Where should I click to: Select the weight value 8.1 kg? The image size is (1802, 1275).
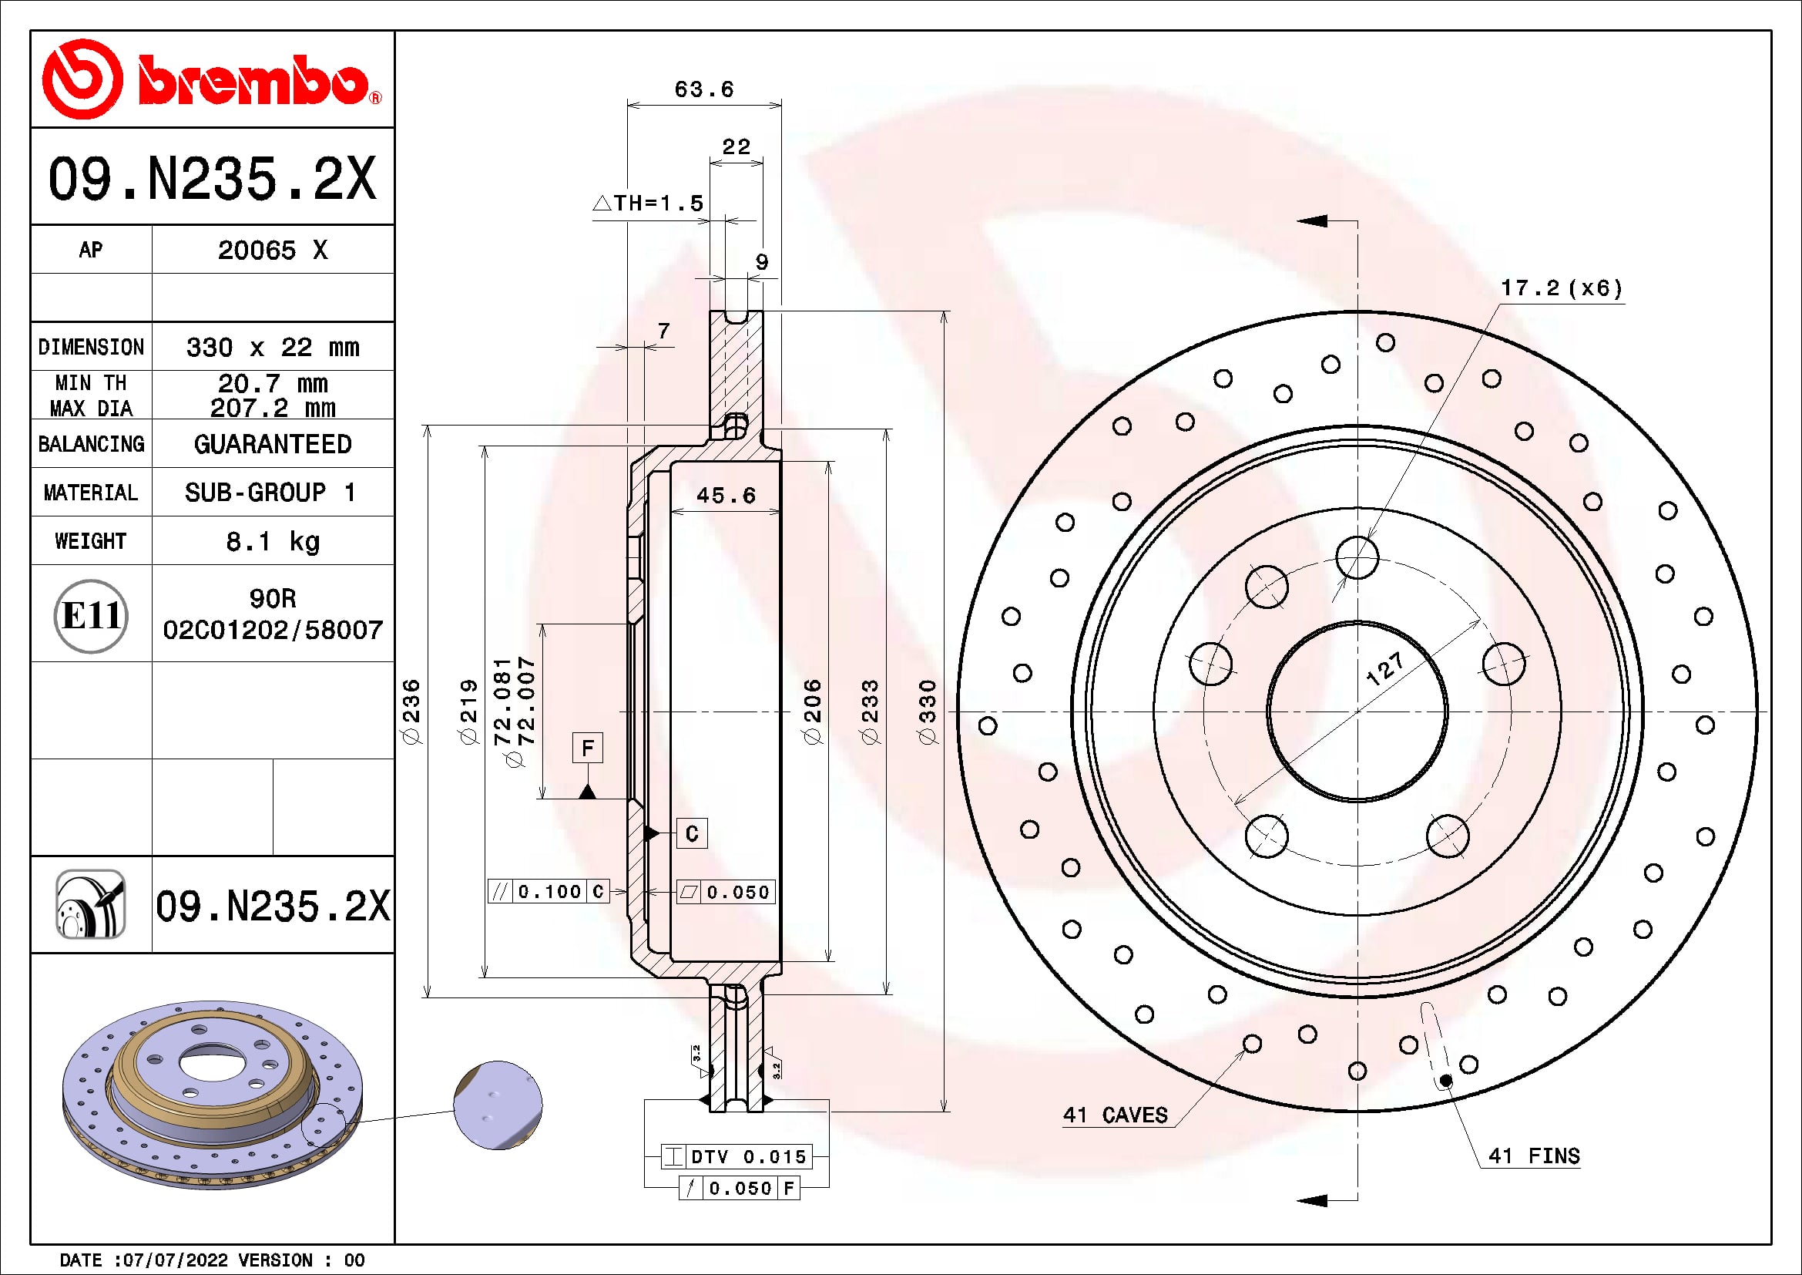(x=272, y=542)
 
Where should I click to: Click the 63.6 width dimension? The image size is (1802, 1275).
(x=704, y=89)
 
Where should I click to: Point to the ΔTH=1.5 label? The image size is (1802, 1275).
(x=649, y=204)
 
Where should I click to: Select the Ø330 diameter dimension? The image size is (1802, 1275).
(x=928, y=712)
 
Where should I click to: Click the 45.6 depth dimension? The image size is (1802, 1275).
(x=726, y=496)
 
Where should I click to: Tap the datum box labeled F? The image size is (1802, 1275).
(x=587, y=749)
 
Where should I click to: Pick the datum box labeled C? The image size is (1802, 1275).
(x=691, y=833)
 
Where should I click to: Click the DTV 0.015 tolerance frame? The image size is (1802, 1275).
(x=737, y=1156)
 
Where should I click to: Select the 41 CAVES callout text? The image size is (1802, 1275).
(x=1116, y=1115)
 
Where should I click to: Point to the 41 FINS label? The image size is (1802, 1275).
(x=1534, y=1156)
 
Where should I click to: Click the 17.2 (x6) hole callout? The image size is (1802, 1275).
(x=1560, y=288)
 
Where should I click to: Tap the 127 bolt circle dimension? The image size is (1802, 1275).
(x=1384, y=669)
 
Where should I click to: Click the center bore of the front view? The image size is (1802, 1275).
(x=1357, y=712)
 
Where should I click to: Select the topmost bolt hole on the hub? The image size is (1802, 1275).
(x=1357, y=557)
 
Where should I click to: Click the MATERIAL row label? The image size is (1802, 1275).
(x=91, y=493)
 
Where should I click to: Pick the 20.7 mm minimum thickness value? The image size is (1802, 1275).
(x=272, y=384)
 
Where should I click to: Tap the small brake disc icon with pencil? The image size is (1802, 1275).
(x=91, y=904)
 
